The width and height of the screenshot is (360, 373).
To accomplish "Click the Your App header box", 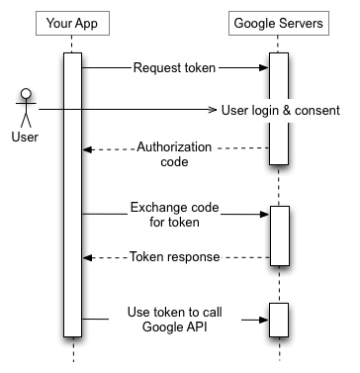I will [x=72, y=22].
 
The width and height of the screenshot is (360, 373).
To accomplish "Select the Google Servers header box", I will [x=279, y=22].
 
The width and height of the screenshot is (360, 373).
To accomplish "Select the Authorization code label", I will [x=174, y=156].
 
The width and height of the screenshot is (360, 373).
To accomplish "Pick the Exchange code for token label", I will [x=174, y=215].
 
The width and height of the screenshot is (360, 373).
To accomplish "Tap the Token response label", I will [x=174, y=256].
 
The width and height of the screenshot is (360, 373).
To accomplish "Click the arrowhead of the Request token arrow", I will [x=264, y=68].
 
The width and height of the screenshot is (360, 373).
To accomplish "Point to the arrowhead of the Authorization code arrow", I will [x=87, y=149].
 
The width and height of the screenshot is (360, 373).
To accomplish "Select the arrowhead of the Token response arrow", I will [x=87, y=256].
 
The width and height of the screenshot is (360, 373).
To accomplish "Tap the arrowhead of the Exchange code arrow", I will [x=264, y=213].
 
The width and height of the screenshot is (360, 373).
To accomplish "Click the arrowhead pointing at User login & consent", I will [x=212, y=109].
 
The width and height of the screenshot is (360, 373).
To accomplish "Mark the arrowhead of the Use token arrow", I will [x=264, y=319].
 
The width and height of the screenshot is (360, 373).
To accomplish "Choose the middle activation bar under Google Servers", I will [x=279, y=234].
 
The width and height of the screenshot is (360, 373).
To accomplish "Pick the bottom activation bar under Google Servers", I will [x=279, y=319].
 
